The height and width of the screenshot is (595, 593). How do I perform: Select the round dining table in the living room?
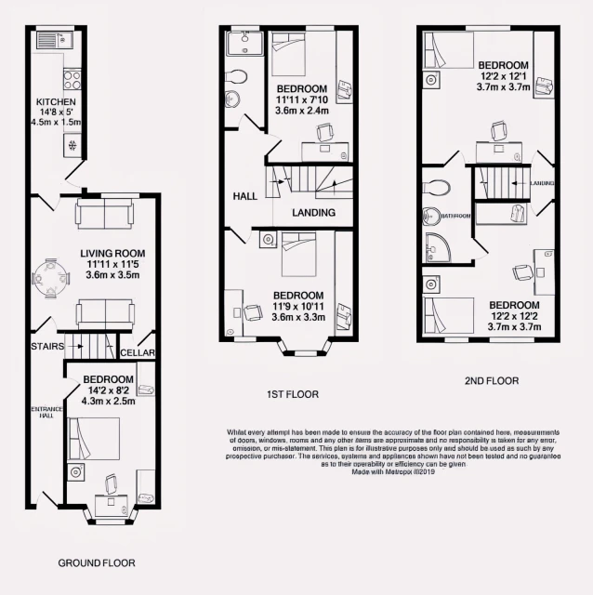pos(51,277)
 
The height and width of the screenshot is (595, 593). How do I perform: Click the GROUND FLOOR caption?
pos(96,563)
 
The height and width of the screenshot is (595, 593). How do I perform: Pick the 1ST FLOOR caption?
pos(291,395)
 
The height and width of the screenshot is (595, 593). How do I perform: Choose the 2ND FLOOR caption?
pos(491,381)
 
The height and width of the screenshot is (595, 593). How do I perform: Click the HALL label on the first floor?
pos(245,196)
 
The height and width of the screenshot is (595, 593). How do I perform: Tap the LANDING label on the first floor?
pos(313,213)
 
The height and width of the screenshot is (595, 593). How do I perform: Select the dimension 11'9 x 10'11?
pos(297,309)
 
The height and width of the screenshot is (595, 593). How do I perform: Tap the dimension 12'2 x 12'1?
pos(504,77)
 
